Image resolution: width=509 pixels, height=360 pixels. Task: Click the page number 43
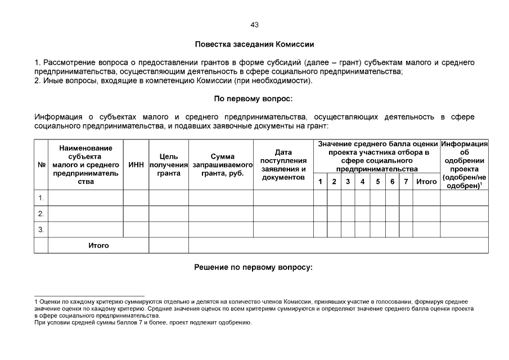coord(254,25)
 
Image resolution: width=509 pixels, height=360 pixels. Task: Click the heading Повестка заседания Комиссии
coord(254,44)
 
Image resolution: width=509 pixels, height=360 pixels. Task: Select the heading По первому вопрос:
coord(254,98)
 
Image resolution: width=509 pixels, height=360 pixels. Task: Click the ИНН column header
coord(136,165)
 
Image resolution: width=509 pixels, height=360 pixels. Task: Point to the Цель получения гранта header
coord(169,165)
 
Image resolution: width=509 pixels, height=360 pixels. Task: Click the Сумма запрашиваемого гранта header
coord(220,165)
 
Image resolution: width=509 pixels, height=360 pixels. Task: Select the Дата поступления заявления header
coord(283,165)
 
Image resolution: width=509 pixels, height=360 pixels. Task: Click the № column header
coord(41,165)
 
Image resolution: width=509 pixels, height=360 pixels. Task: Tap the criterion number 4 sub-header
coord(362,182)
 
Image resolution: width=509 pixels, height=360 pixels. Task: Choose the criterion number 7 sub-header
coord(406,182)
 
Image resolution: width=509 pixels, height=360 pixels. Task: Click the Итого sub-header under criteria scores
coord(426,182)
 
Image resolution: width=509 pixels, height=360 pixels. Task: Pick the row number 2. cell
coord(41,214)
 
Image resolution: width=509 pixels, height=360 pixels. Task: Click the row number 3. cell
coord(41,229)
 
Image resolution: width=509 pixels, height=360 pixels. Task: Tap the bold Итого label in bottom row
coord(98,246)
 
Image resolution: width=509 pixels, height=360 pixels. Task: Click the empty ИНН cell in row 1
coord(136,198)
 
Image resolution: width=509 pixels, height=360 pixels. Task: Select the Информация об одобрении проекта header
coord(464,165)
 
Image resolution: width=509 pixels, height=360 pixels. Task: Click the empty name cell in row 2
coord(85,214)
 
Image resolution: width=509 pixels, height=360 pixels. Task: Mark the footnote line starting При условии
coord(143,323)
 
